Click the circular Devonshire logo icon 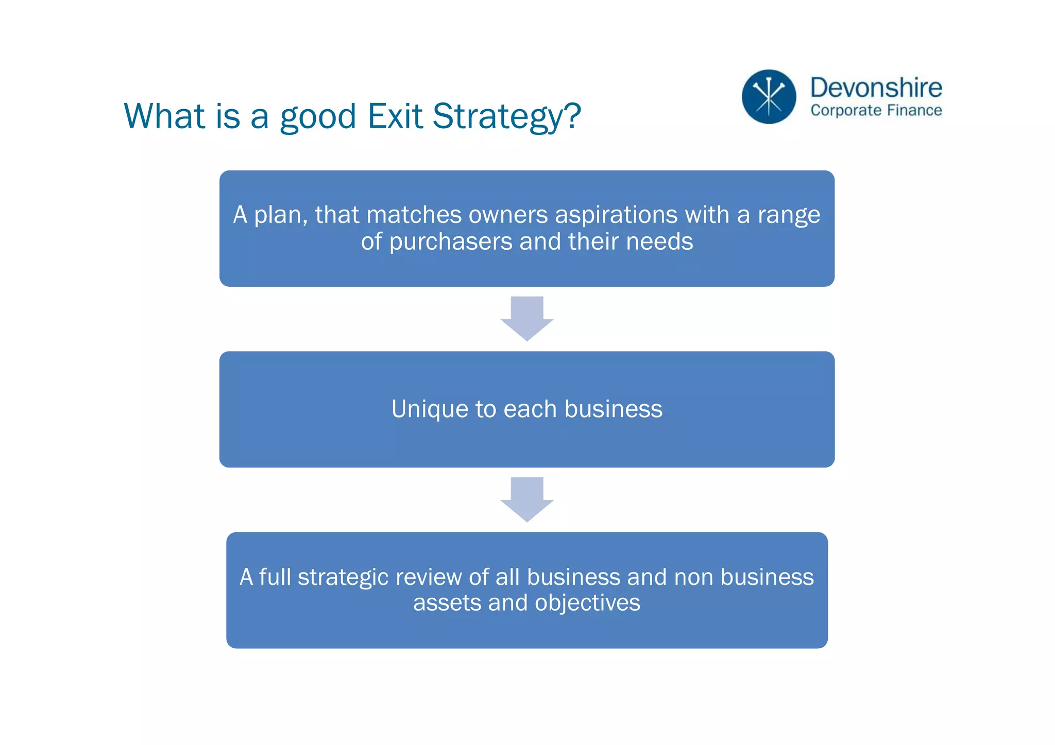(x=769, y=97)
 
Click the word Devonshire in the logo (x=876, y=88)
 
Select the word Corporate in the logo (x=846, y=111)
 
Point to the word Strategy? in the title (x=506, y=117)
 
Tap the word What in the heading (x=164, y=116)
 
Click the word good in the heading (x=318, y=117)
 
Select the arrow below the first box (x=526, y=318)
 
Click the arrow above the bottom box (x=526, y=499)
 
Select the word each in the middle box (x=530, y=409)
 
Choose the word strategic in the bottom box (x=343, y=578)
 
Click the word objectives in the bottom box (x=587, y=603)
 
